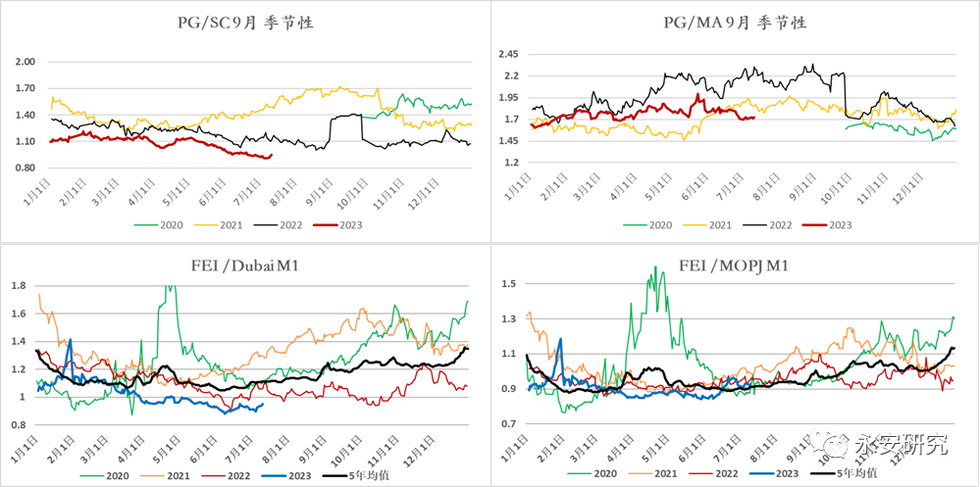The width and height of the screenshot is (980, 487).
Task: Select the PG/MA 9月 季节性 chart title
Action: click(x=735, y=23)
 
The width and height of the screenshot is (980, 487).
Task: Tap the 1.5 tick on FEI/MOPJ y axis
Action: click(x=508, y=284)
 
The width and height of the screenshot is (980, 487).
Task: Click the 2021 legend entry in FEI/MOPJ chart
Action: click(x=668, y=472)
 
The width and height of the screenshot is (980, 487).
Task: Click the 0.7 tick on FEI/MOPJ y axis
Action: click(x=508, y=423)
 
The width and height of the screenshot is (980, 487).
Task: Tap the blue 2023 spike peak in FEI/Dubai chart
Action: click(x=70, y=340)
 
